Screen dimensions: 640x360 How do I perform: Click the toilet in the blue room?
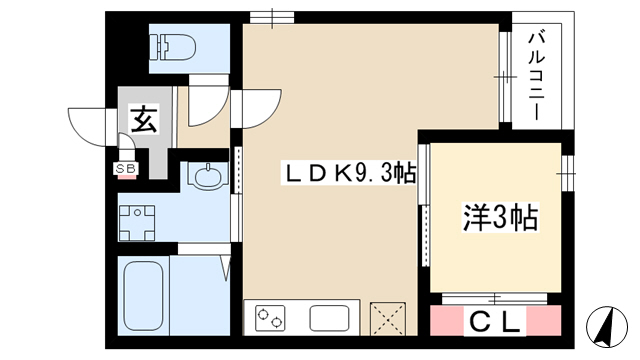pos(173,47)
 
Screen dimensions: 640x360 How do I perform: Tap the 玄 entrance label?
pos(144,119)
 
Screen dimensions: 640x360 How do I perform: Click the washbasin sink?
pos(208,176)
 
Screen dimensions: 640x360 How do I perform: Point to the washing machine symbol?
pos(137,223)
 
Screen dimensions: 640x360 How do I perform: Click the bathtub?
pos(143,296)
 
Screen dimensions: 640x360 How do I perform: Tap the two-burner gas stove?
pos(270,318)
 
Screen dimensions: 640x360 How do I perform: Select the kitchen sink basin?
pos(329,318)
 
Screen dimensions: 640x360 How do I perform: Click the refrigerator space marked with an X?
pos(387,318)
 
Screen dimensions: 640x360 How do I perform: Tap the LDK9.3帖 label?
pos(349,174)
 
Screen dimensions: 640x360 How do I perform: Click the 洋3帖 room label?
pos(500,218)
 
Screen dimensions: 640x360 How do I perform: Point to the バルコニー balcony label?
pos(537,77)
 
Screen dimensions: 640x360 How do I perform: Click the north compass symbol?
pos(607,327)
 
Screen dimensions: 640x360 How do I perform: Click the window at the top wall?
pos(272,18)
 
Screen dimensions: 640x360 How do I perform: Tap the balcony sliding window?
pos(505,77)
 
